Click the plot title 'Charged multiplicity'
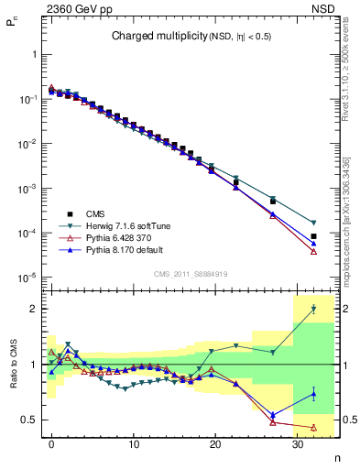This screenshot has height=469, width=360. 151,37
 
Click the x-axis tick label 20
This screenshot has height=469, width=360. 214,444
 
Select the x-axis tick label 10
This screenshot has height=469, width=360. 134,444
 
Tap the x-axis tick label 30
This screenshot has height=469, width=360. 296,444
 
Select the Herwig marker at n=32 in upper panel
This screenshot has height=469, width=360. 313,223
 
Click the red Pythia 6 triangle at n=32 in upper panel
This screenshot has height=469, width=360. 313,251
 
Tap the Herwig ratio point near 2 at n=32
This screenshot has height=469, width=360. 313,309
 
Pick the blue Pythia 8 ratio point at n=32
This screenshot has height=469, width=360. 313,394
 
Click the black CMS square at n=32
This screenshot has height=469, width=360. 313,236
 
